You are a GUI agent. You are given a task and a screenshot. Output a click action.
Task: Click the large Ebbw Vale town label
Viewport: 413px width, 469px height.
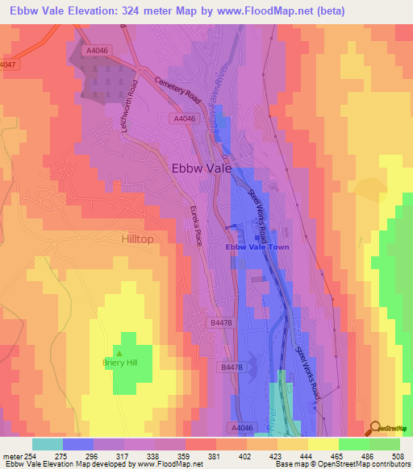pyautogui.click(x=201, y=169)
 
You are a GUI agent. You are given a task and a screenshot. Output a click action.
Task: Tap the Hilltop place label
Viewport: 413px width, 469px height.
pyautogui.click(x=136, y=240)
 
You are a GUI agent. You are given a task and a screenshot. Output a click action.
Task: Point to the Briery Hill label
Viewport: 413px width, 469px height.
pyautogui.click(x=120, y=363)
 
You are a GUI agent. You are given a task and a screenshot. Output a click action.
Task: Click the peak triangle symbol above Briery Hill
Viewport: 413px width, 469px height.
pyautogui.click(x=119, y=352)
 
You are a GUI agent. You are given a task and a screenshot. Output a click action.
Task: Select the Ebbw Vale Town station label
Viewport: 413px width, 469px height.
pyautogui.click(x=257, y=247)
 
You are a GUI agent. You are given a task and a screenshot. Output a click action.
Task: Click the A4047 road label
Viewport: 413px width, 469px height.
pyautogui.click(x=8, y=64)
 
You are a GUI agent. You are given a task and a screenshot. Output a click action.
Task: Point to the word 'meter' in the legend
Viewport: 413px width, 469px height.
pyautogui.click(x=12, y=455)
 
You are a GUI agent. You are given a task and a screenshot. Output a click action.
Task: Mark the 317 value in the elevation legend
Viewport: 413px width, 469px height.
pyautogui.click(x=123, y=455)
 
